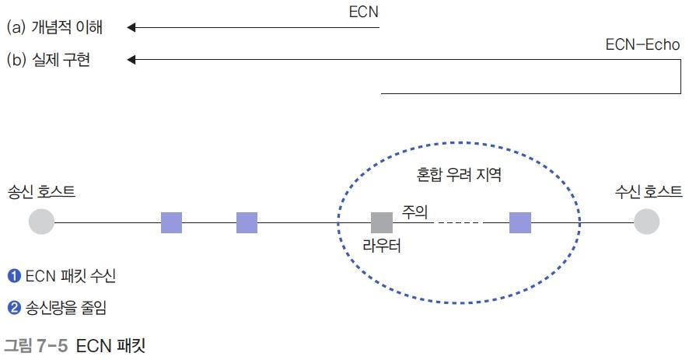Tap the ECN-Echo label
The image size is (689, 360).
(642, 45)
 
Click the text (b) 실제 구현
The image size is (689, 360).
(48, 59)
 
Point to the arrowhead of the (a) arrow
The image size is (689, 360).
(131, 28)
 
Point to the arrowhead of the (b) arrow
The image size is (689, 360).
(131, 59)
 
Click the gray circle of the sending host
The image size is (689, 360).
(41, 222)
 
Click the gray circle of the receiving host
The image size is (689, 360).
(646, 222)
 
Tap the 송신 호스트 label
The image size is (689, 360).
(41, 191)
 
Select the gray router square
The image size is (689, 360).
(381, 222)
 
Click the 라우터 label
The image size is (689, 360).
(381, 247)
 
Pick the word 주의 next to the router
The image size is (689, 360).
(414, 210)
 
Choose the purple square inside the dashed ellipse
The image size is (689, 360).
(520, 222)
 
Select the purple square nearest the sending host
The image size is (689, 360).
(171, 222)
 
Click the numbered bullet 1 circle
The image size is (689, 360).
(13, 275)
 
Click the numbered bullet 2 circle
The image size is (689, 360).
(13, 308)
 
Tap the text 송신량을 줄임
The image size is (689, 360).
(66, 308)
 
